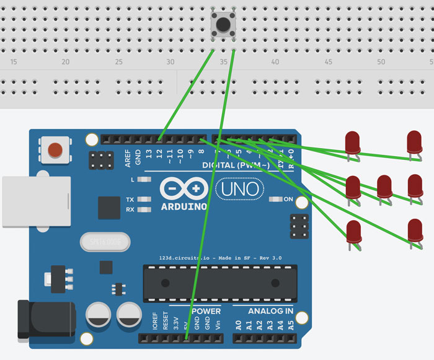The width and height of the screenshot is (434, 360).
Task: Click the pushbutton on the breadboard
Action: [223, 25]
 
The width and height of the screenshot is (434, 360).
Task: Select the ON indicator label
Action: [288, 200]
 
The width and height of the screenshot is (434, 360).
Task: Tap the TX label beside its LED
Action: [130, 200]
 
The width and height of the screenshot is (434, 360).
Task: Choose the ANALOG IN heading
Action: [271, 311]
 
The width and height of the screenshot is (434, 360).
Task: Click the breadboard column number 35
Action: [224, 62]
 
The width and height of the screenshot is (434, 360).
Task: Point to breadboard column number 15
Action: [14, 62]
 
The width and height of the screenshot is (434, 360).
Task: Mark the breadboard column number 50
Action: [381, 62]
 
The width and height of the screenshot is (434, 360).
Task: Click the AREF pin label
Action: [128, 159]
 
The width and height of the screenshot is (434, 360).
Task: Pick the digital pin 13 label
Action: [149, 153]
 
